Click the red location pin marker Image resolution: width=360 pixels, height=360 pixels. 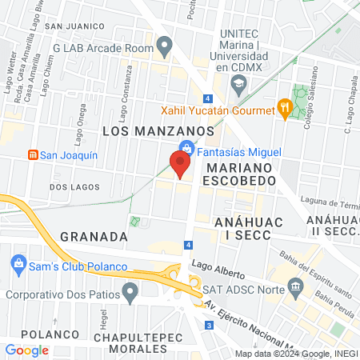coord(180,163)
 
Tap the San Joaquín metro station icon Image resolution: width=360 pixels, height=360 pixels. coord(33,154)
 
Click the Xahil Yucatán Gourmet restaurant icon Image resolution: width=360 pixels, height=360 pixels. coord(282,106)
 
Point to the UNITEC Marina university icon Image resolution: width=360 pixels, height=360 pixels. coord(237,82)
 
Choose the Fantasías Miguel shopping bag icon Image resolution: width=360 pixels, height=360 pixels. coord(186,148)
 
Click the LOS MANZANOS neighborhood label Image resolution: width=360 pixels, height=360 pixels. coord(158,130)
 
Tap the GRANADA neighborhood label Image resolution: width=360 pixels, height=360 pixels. coord(94,237)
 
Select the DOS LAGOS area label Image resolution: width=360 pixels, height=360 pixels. coord(74,186)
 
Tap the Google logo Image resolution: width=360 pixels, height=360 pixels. coord(26,350)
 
